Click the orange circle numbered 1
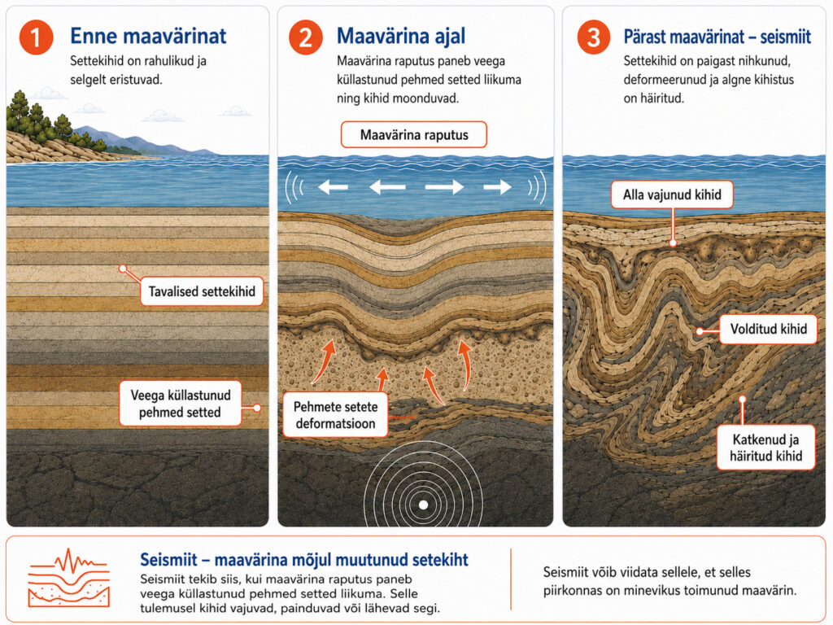coord(36,37)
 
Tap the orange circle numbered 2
coord(306,37)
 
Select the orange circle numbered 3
coord(593,37)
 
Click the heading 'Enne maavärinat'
coord(148,36)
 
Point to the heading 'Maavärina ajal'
coord(401,36)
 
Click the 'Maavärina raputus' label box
coord(414,134)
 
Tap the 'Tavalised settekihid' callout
coord(202,291)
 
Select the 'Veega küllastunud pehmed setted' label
coord(180,404)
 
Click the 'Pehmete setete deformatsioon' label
coord(335,415)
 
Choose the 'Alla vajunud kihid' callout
coord(672,194)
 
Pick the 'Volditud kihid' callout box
coord(768,329)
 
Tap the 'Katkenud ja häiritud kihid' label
coord(765,448)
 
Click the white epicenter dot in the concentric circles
coord(423,505)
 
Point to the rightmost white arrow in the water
coord(497,186)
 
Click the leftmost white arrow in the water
coord(333,186)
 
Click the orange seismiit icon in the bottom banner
coord(68,579)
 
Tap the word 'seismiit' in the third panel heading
coord(785,37)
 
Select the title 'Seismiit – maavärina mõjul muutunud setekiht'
coord(304,560)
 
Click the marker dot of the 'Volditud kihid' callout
coord(700,331)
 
